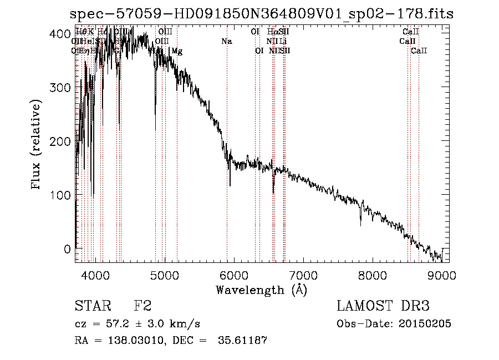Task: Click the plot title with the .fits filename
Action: (262, 14)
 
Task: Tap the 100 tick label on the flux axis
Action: (63, 195)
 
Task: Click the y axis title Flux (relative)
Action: (37, 145)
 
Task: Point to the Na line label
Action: (226, 42)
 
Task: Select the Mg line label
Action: (177, 51)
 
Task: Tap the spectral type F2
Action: (143, 306)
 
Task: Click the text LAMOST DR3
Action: (383, 306)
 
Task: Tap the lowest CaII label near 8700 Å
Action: (419, 51)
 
